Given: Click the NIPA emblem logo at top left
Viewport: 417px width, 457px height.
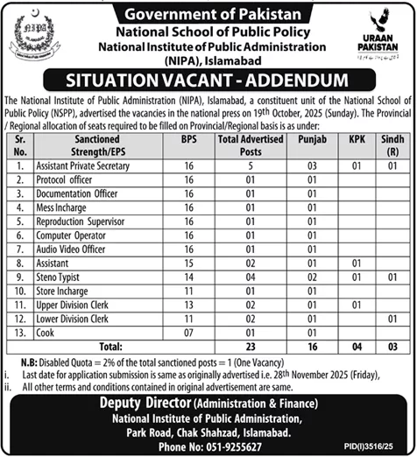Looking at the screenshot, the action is (32, 40).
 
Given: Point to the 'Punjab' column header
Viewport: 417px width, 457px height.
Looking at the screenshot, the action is (308, 138).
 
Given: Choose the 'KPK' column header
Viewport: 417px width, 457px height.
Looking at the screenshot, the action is (355, 138).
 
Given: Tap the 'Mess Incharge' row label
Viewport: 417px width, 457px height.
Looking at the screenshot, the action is (61, 207).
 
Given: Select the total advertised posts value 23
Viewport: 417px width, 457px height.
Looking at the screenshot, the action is (250, 346).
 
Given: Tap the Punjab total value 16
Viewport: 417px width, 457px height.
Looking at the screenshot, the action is (308, 346).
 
